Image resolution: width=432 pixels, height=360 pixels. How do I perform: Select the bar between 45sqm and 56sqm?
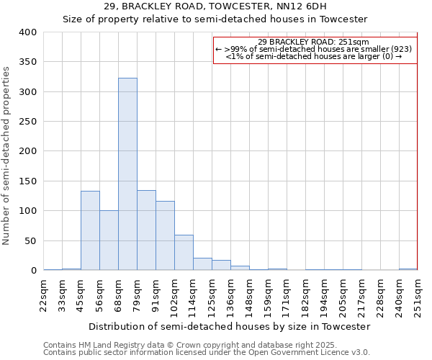coord(90,230)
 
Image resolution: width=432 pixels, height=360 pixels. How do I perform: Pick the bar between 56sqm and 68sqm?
coord(109,240)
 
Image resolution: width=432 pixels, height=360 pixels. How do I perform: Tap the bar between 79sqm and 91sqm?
coord(146,230)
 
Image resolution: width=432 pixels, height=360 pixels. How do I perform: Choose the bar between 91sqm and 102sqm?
coord(165,236)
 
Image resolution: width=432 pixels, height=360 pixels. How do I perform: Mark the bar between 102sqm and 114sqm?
coord(184,253)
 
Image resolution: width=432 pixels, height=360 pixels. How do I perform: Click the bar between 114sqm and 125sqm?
coord(202,264)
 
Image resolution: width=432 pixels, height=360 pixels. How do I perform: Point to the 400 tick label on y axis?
coord(27,32)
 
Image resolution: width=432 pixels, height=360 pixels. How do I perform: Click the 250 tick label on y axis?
coord(27,122)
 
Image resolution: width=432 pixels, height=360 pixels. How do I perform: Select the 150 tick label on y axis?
coord(27,181)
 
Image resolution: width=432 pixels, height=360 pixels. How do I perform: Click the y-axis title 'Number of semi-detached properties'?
coord(6,156)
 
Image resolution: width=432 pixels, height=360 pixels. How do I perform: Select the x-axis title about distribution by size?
coord(229,326)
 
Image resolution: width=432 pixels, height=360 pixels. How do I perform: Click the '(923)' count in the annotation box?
coord(401,49)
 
